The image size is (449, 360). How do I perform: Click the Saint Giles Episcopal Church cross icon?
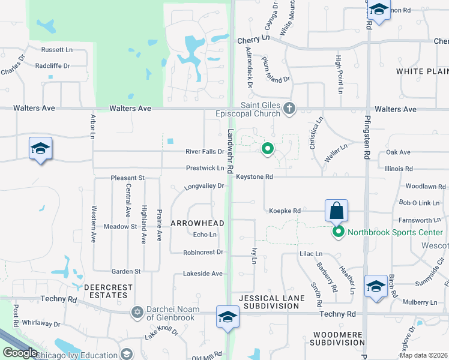pos(289,109)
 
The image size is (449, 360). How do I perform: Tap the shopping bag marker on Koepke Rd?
pos(337,211)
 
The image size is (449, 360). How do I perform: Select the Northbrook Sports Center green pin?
pos(339,232)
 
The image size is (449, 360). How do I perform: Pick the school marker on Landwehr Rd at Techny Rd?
pos(228,317)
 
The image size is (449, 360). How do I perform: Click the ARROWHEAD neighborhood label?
pos(197,223)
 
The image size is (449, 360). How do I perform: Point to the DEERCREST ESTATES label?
pos(108,292)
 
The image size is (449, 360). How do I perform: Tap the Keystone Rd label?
pos(255,177)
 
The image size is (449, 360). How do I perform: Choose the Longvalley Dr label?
pos(204,187)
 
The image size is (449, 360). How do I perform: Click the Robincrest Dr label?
pos(203,253)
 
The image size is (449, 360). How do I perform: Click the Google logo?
pos(20,352)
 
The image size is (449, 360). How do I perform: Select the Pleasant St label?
pos(128,178)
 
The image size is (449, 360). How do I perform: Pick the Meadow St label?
pos(121,227)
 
